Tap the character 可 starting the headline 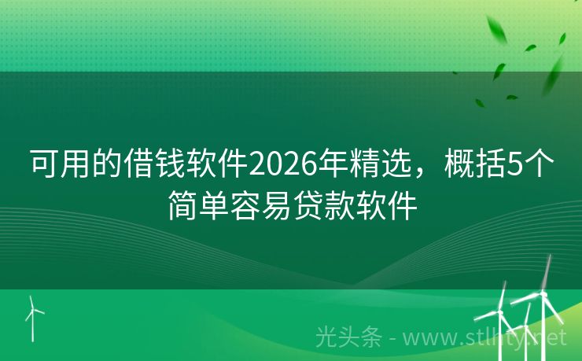point(44,166)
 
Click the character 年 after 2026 point(331,166)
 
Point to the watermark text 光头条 point(348,337)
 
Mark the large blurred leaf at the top point(498,32)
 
